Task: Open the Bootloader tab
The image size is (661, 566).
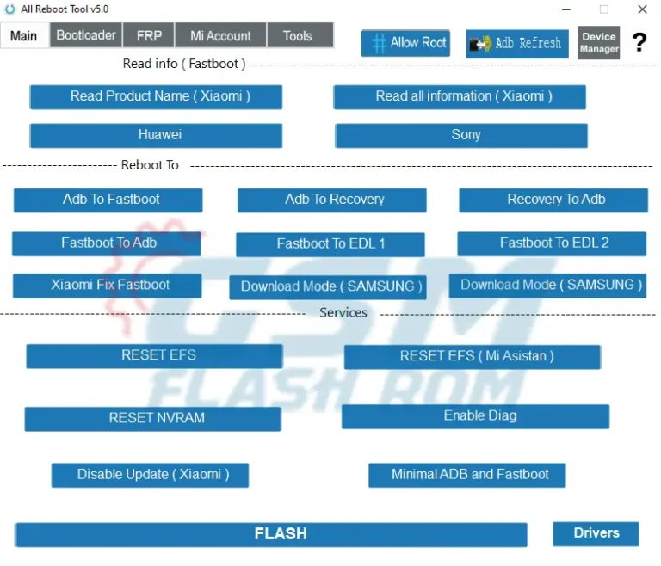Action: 86,35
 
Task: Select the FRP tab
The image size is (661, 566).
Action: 148,35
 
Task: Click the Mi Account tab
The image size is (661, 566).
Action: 220,35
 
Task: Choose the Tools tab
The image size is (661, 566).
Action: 297,35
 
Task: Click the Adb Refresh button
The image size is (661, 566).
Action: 517,43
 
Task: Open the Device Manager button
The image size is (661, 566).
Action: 598,42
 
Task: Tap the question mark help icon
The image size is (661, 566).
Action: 639,42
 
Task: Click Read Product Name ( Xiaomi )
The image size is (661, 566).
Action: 156,96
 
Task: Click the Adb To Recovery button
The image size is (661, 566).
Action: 332,200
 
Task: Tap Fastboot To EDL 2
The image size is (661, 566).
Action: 552,243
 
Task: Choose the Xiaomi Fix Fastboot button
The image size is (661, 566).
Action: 108,286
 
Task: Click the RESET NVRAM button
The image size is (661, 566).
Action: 153,419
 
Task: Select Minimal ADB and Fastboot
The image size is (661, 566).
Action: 467,475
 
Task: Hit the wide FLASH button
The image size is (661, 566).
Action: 271,534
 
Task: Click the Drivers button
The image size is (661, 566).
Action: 596,533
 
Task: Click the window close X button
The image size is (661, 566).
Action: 642,9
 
